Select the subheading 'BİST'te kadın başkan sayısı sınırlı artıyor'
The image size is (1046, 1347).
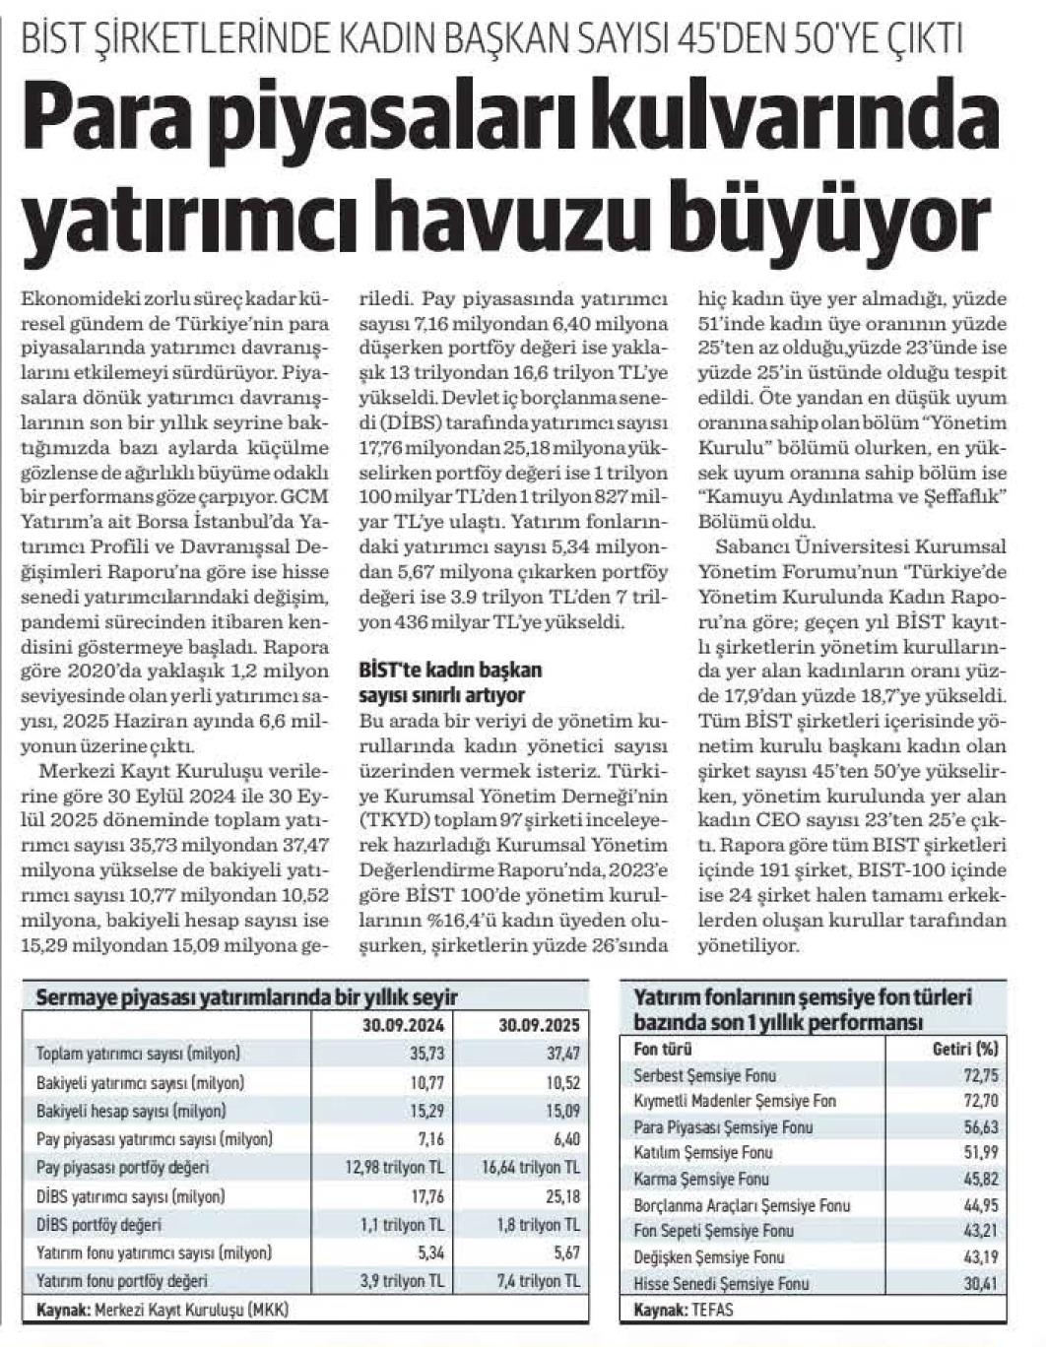tap(450, 679)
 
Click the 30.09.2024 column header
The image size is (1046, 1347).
tap(403, 1024)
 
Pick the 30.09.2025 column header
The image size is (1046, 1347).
tap(539, 1024)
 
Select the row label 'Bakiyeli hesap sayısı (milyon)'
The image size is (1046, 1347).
tap(131, 1111)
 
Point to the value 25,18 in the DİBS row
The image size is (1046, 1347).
tap(563, 1196)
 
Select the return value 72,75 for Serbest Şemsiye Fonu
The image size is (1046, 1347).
tap(983, 1075)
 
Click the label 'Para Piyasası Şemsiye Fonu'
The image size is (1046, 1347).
tap(723, 1126)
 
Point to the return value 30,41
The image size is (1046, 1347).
tap(983, 1283)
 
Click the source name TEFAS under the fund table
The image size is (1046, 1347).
tap(712, 1311)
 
